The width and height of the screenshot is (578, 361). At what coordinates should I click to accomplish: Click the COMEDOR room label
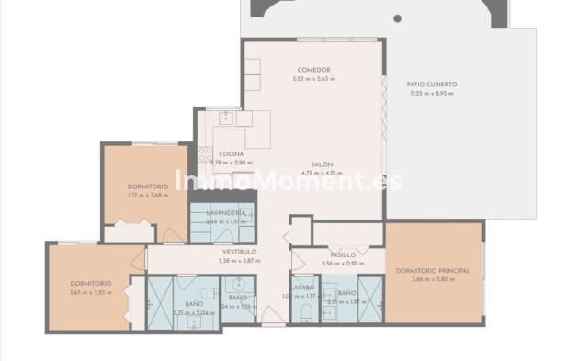coord(314,71)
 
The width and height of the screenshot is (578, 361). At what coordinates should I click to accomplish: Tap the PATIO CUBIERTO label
coord(432,85)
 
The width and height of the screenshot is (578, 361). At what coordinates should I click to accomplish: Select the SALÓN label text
coord(321,164)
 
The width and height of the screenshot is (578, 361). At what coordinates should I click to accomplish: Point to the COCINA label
coord(231,153)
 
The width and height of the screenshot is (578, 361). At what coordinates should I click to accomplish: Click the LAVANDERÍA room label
coord(225,213)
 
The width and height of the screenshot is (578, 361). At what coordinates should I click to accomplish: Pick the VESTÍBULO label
coord(239,251)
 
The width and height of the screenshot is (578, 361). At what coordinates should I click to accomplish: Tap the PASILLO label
coord(343,254)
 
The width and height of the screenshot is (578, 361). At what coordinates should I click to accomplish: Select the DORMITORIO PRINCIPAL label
coord(434,271)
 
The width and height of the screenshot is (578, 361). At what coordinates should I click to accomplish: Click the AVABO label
coord(304,288)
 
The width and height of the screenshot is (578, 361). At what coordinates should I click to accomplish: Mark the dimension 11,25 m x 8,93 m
coord(432,93)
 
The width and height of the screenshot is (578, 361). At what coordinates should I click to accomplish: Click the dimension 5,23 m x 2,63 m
coord(314,79)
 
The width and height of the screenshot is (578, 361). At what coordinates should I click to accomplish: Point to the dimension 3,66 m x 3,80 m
coord(434,279)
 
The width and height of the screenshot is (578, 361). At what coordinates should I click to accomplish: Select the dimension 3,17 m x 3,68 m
coord(148,194)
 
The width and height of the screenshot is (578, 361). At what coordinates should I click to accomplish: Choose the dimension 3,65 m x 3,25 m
coord(90,292)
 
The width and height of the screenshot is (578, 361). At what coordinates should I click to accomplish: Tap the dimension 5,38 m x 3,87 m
coord(239,260)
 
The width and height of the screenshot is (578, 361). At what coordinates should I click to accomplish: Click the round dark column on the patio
coord(397,17)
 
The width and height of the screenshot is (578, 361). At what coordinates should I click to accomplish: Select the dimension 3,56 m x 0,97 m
coord(343,264)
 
